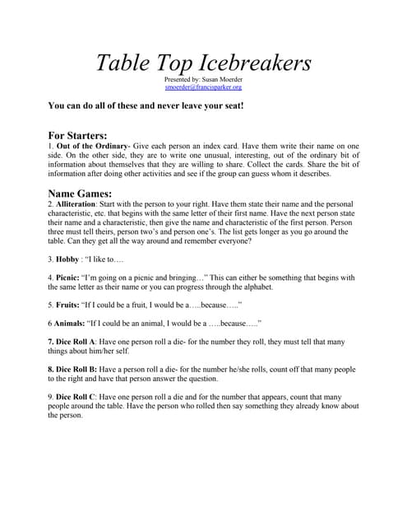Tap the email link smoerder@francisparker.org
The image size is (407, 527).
point(203,86)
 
